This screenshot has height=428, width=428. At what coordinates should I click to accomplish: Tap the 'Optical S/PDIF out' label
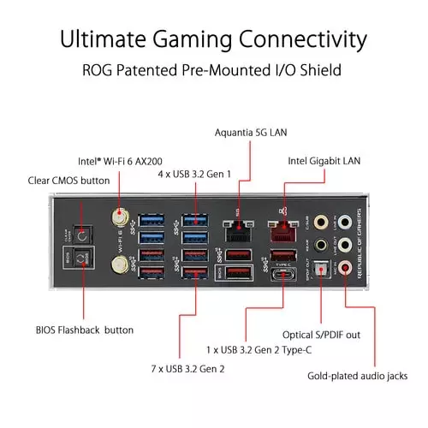click(333, 334)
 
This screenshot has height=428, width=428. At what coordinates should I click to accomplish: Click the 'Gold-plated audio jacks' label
click(357, 375)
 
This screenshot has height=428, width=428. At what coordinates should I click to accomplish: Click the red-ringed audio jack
click(345, 269)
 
